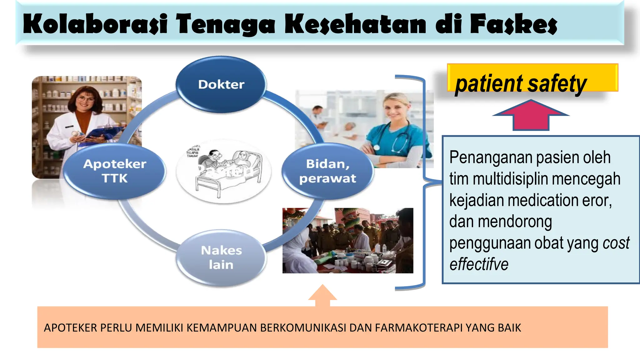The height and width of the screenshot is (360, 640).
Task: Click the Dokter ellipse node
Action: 221,84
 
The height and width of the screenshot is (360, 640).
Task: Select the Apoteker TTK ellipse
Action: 115,171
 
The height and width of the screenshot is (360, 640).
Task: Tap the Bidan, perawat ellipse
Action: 327,171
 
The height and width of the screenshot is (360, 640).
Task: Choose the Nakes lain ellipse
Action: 221,257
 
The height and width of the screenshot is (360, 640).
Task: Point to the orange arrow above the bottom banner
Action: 322,295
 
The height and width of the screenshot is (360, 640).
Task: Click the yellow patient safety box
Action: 532,78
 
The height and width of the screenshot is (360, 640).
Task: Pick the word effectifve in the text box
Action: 479,264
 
